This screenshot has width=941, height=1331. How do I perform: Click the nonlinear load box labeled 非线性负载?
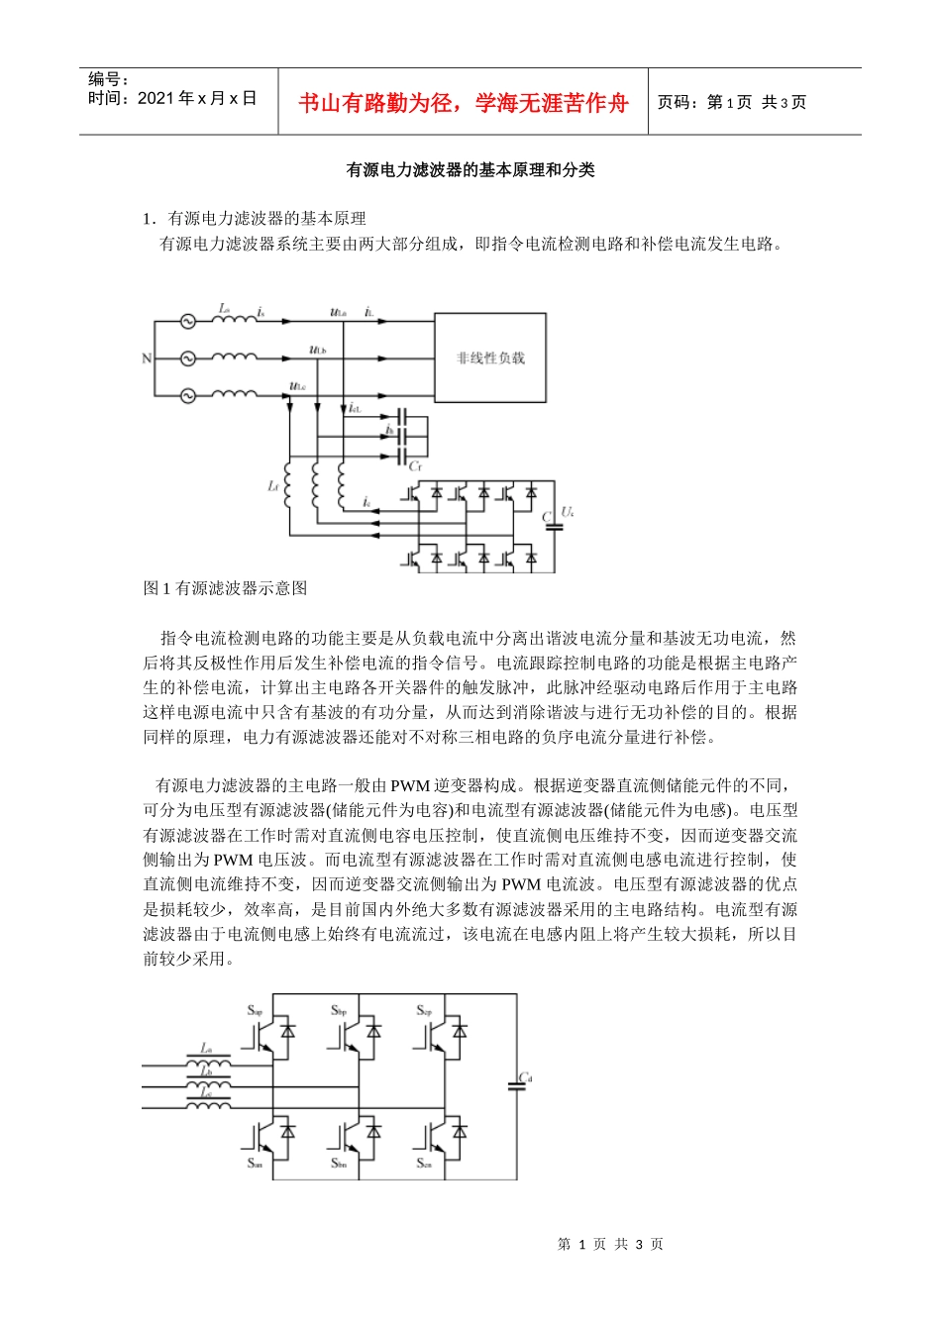point(490,358)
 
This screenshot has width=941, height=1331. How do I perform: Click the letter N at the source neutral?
point(147,358)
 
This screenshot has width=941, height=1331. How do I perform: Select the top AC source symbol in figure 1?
point(186,321)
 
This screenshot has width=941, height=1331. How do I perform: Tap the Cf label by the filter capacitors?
point(416,465)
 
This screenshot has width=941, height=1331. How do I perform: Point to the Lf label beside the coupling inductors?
point(272,486)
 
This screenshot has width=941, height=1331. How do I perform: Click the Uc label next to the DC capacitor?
point(568,511)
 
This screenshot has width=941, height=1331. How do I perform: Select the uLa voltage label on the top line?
point(338,313)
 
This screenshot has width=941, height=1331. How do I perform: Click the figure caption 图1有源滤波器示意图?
point(226,588)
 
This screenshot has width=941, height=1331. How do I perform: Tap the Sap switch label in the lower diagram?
point(255,1011)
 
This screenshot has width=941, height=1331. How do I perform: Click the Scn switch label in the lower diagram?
point(424,1163)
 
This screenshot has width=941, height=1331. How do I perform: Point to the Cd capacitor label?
point(526,1077)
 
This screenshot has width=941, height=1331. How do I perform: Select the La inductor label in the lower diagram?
point(206,1048)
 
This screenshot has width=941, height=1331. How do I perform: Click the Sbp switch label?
point(339,1011)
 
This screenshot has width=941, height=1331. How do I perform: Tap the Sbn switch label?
point(339,1163)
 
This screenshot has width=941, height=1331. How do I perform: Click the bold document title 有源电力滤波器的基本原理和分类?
point(470,170)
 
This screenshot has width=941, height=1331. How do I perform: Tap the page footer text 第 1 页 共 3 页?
point(610,1245)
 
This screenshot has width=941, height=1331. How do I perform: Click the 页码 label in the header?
point(678,103)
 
